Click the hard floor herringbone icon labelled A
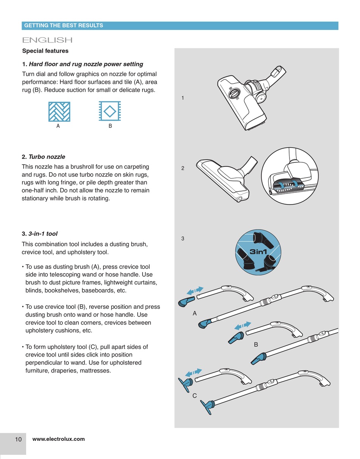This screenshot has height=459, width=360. [59, 112]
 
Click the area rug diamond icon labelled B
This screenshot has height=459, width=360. [110, 112]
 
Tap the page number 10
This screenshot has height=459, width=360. [18, 439]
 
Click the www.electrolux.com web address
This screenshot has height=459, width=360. [59, 439]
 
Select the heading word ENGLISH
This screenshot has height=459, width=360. [47, 40]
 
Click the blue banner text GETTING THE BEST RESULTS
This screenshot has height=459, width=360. [63, 25]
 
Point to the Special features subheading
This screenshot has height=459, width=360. [45, 51]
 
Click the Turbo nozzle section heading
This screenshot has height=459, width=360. [43, 157]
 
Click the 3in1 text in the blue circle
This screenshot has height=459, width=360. [258, 252]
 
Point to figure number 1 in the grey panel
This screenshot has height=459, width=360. [183, 98]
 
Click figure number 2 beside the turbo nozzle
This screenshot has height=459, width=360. [183, 168]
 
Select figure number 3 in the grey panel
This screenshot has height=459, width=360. [183, 239]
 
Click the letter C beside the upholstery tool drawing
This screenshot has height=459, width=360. [194, 396]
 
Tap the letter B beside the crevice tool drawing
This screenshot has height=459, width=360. [256, 344]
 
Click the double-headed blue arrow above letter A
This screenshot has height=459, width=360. [195, 291]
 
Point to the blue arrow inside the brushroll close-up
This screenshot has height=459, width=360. [282, 185]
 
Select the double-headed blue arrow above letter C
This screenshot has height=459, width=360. [193, 373]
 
